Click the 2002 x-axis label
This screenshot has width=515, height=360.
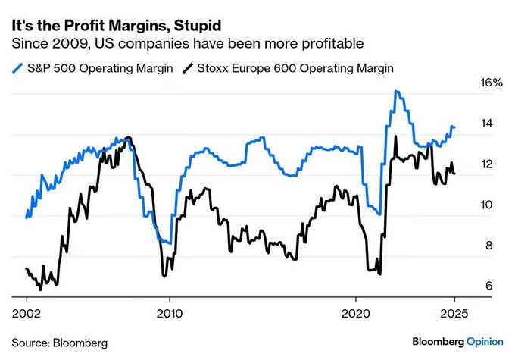coord(27,312)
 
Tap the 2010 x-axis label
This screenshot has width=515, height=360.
coord(169,312)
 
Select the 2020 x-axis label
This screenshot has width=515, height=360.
coord(357,312)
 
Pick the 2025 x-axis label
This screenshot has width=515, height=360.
coord(454,312)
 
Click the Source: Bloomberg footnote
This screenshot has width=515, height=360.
coord(59,343)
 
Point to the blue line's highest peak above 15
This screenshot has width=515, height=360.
coord(395,92)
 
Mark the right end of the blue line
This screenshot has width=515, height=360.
coord(454,127)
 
